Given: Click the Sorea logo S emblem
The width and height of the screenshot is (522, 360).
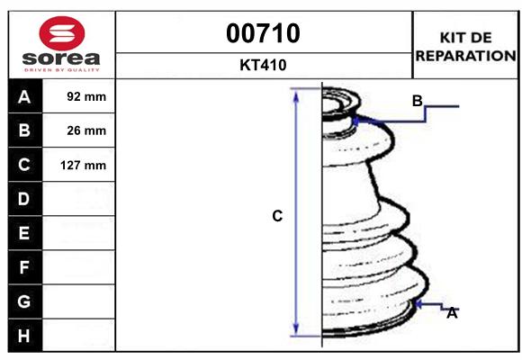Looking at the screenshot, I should pyautogui.click(x=61, y=33).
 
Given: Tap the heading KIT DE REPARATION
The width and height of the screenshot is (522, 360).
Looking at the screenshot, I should pyautogui.click(x=465, y=46).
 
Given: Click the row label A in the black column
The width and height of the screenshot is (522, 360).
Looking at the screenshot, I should pyautogui.click(x=24, y=96).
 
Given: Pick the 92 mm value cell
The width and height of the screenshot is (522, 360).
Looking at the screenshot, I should pyautogui.click(x=86, y=96).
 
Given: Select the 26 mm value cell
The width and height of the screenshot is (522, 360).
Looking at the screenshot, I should pyautogui.click(x=86, y=130).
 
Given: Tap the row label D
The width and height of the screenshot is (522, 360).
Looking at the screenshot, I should pyautogui.click(x=24, y=199).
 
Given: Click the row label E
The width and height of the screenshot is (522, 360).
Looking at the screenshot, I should pyautogui.click(x=24, y=233).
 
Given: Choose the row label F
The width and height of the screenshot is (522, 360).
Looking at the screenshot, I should pyautogui.click(x=24, y=267).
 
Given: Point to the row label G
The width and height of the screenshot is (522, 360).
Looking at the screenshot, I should pyautogui.click(x=24, y=301).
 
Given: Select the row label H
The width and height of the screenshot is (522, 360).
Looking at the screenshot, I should pyautogui.click(x=24, y=336).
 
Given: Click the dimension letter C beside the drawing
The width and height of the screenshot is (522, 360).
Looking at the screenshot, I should pyautogui.click(x=278, y=216).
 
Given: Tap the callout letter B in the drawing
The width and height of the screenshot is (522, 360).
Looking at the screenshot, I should pyautogui.click(x=417, y=100).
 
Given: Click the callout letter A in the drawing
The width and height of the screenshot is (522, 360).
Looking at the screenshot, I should pyautogui.click(x=453, y=313).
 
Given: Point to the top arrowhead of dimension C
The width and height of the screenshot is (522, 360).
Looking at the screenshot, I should pyautogui.click(x=297, y=94).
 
